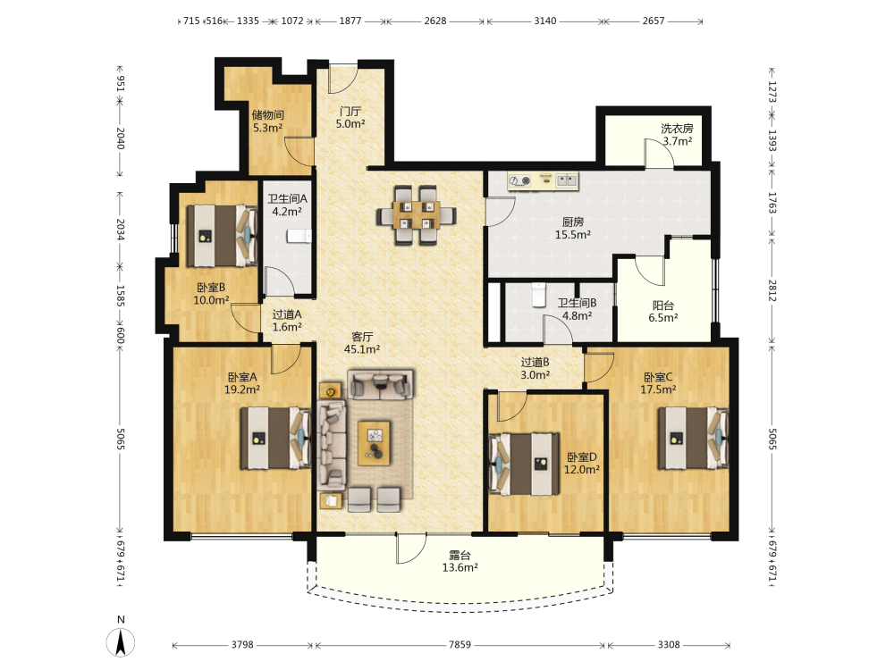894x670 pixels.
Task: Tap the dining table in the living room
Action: pyautogui.click(x=417, y=215)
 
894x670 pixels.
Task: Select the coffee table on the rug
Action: pyautogui.click(x=374, y=443)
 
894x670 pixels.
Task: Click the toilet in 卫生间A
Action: pyautogui.click(x=299, y=235)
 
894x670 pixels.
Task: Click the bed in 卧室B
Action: pyautogui.click(x=222, y=235)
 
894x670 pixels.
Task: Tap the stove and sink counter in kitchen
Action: pyautogui.click(x=544, y=181)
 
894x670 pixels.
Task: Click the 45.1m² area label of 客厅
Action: pyautogui.click(x=362, y=349)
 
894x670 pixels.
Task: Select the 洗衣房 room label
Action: pyautogui.click(x=677, y=128)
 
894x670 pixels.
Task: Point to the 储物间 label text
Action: pyautogui.click(x=268, y=115)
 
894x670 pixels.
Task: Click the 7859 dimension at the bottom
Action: pyautogui.click(x=460, y=644)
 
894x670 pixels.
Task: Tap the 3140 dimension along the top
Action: pyautogui.click(x=545, y=21)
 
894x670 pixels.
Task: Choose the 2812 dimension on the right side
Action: pyautogui.click(x=772, y=291)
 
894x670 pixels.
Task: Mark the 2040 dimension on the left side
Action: pyautogui.click(x=121, y=138)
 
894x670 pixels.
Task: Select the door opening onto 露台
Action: pyautogui.click(x=411, y=549)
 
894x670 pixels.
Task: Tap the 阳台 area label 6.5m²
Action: pyautogui.click(x=663, y=318)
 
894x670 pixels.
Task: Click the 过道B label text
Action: pyautogui.click(x=535, y=362)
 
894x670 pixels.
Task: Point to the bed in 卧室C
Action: pyautogui.click(x=694, y=438)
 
